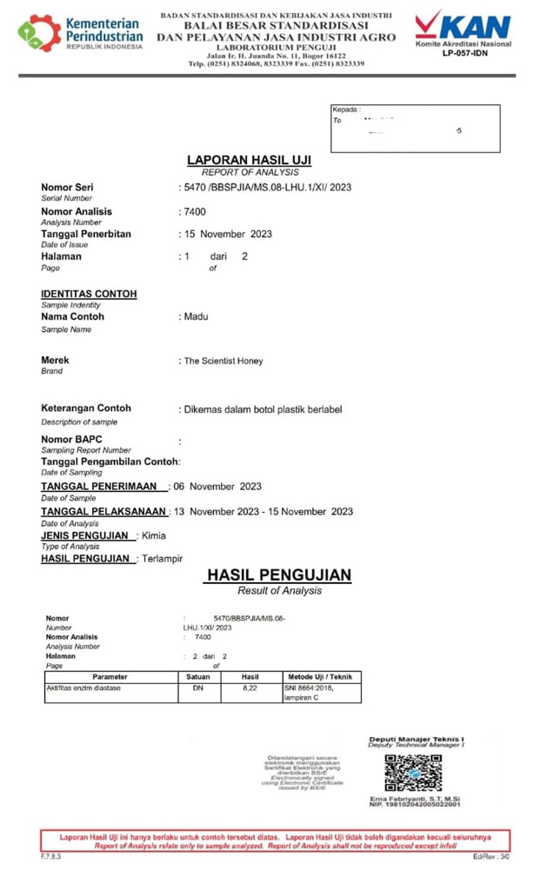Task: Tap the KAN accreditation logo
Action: (x=463, y=25)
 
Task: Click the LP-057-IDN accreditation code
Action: (x=463, y=54)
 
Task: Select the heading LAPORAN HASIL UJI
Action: (x=249, y=161)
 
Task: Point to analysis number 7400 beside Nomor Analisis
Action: (x=194, y=211)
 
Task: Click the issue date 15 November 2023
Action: (x=228, y=234)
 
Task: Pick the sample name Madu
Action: (x=196, y=316)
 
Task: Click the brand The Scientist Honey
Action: (x=223, y=361)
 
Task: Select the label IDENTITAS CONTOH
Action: (x=89, y=294)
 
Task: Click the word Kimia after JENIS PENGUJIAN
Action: (x=153, y=535)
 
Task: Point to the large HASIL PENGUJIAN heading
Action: (x=278, y=575)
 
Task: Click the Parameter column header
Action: (x=110, y=676)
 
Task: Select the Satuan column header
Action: (x=197, y=676)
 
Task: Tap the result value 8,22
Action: (x=250, y=687)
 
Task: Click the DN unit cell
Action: (x=197, y=687)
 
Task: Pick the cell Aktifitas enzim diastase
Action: (x=83, y=687)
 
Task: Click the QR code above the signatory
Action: (x=413, y=772)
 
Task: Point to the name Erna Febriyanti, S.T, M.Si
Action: (x=414, y=798)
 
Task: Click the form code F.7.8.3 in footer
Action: (x=51, y=856)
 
